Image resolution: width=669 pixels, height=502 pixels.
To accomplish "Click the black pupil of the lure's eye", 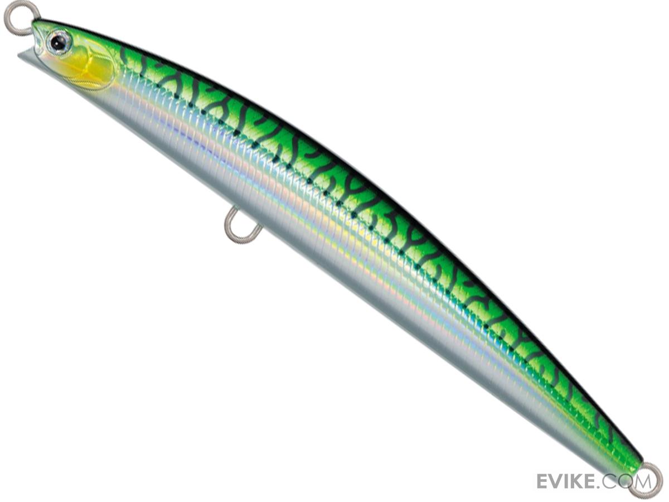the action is click(57, 42).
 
